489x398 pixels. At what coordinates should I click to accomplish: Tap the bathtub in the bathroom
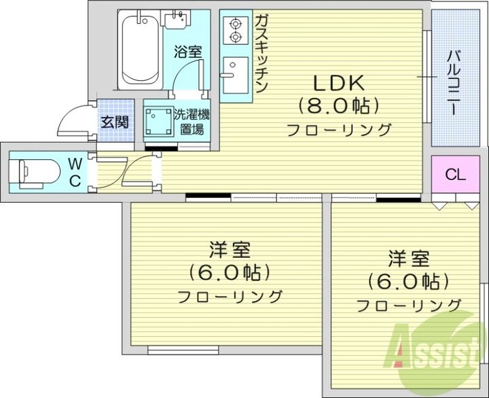[x=140, y=51]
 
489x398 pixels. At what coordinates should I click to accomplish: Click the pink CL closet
[x=455, y=174]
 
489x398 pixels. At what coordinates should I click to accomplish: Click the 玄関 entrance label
[x=115, y=123]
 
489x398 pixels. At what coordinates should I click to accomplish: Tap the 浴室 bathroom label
[x=187, y=52]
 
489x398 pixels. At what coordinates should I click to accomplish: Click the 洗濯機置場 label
[x=191, y=122]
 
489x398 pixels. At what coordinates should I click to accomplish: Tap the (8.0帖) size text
[x=338, y=105]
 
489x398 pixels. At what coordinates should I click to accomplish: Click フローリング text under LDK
[x=339, y=129]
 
